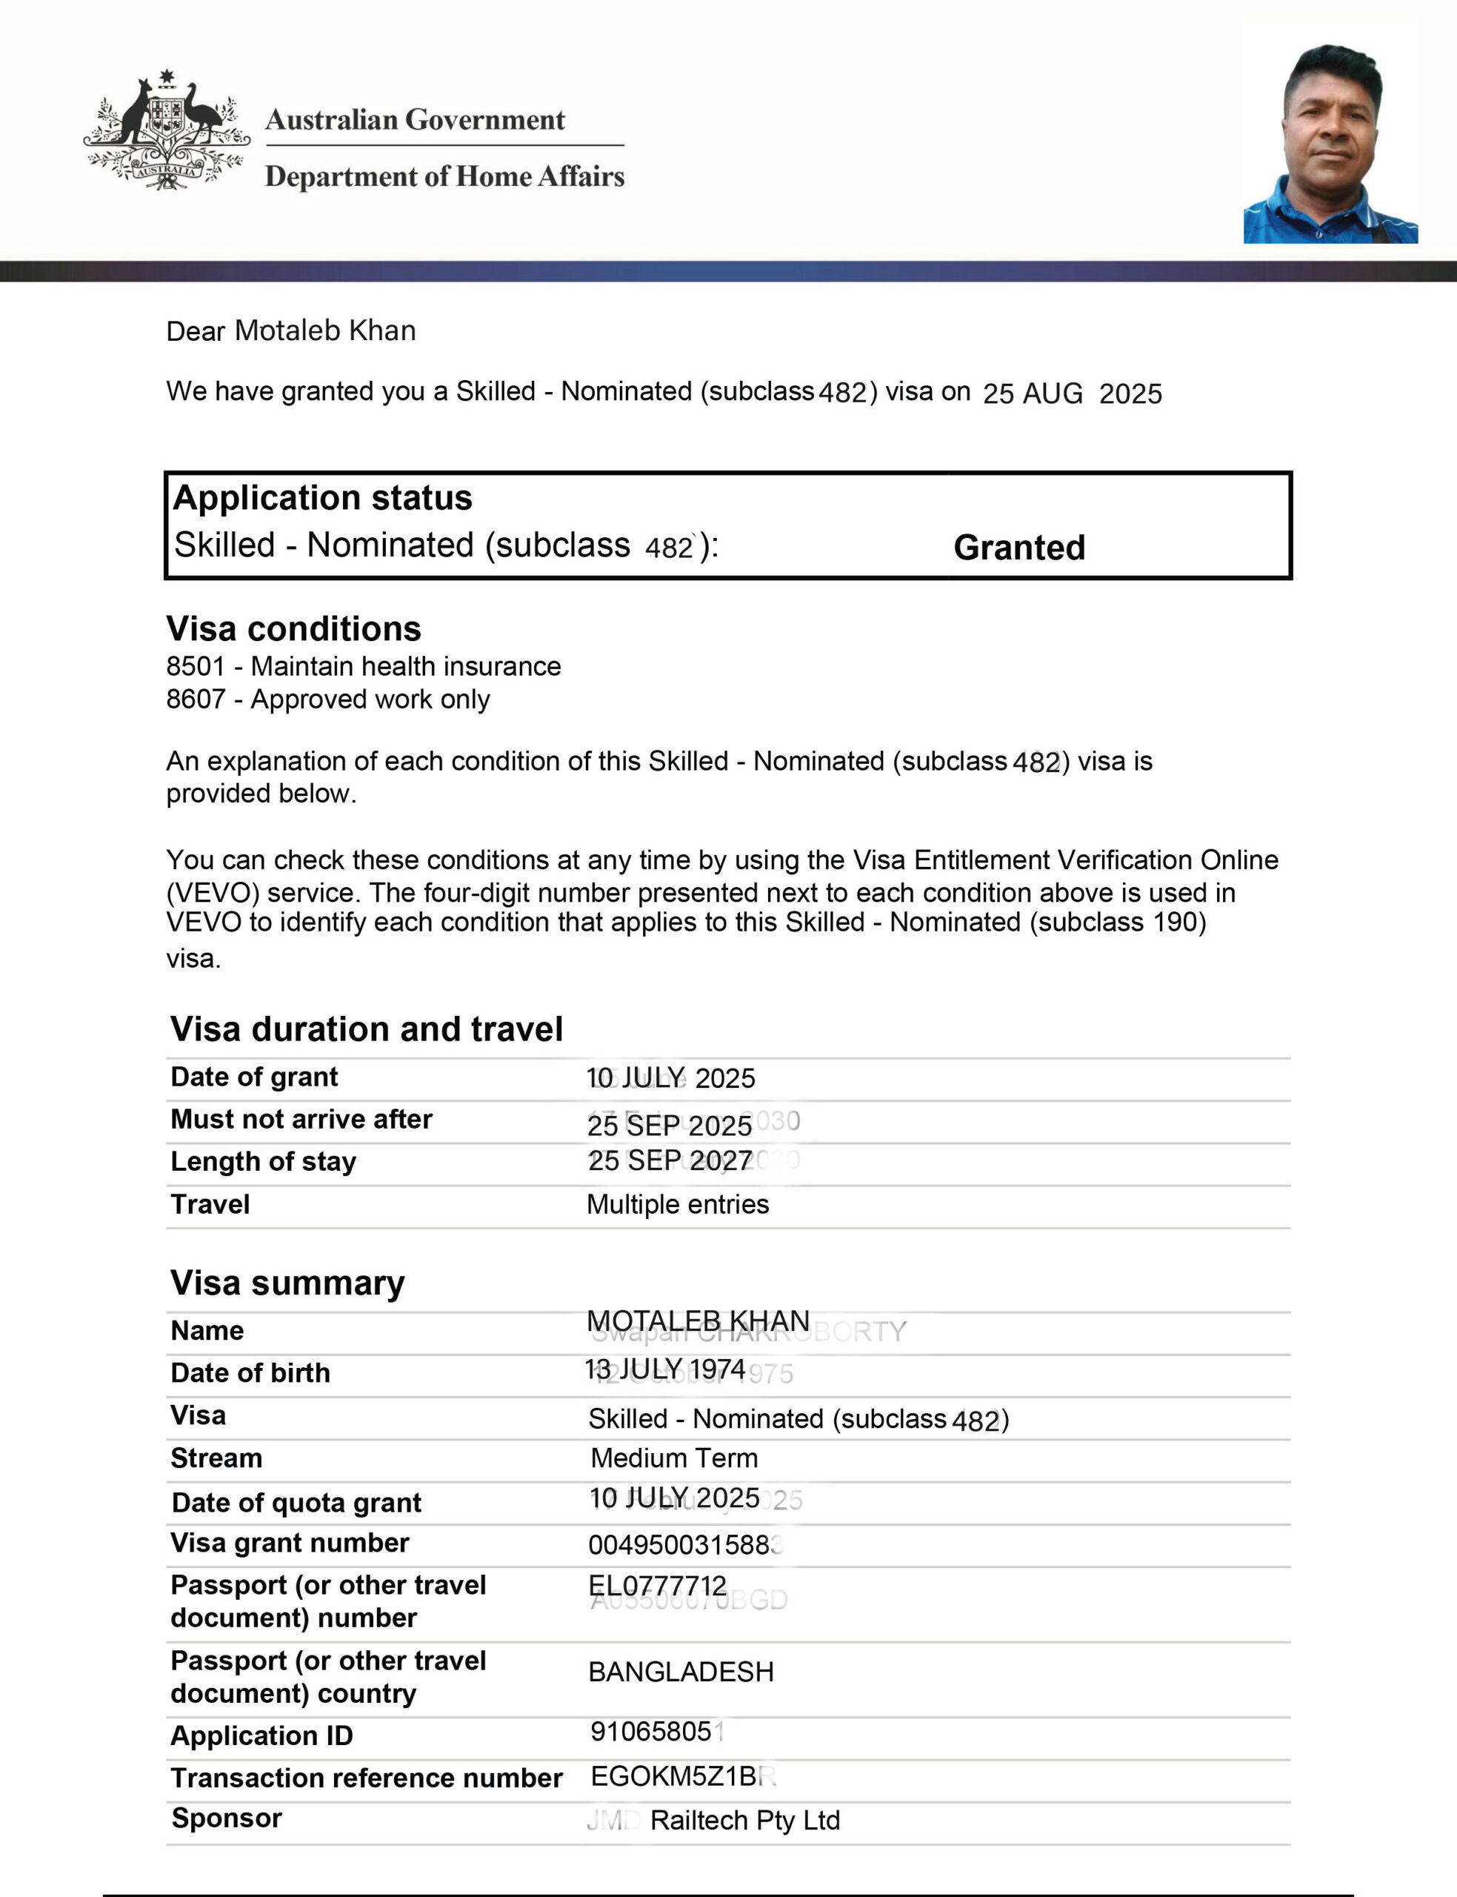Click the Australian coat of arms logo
coord(167,130)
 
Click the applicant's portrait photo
coord(1330,143)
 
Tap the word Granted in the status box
coord(1019,548)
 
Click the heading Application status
coord(323,498)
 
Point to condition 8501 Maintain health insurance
coord(364,666)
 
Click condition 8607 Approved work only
coord(328,699)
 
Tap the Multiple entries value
coord(677,1204)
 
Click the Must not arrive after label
coord(301,1119)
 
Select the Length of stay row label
coord(263,1161)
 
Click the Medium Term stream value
coord(674,1458)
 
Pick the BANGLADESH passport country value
coord(681,1672)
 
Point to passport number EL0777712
coord(657,1586)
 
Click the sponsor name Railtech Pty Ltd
coord(744,1820)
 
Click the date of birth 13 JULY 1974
coord(665,1369)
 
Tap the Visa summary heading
coord(287,1283)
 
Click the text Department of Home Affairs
coord(444,176)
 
